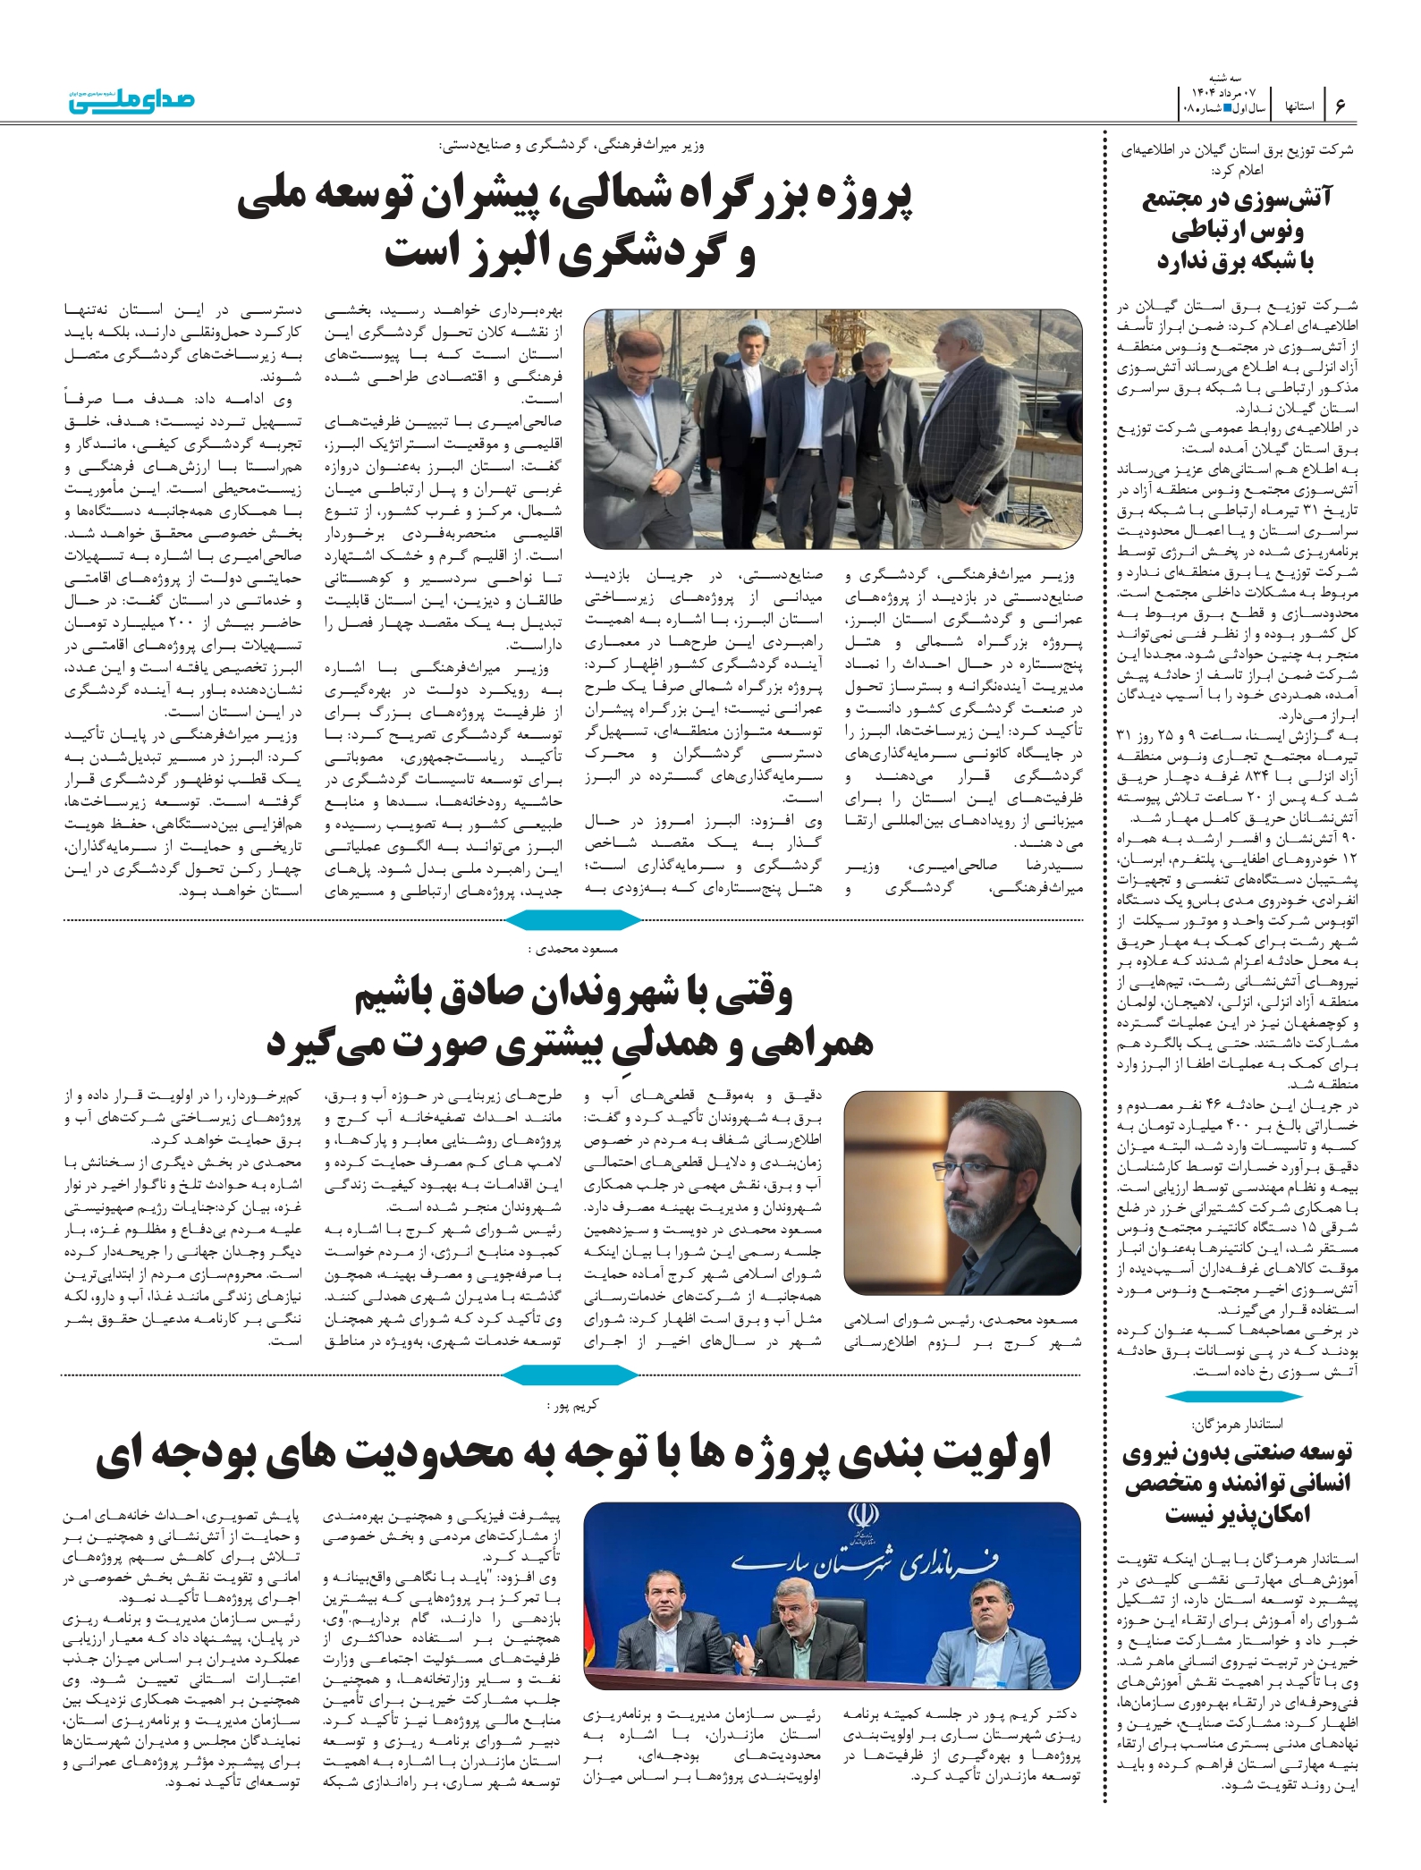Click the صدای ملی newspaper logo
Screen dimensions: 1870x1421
(132, 100)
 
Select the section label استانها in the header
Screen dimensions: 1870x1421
(1298, 106)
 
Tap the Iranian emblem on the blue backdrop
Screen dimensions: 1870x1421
(863, 1519)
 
